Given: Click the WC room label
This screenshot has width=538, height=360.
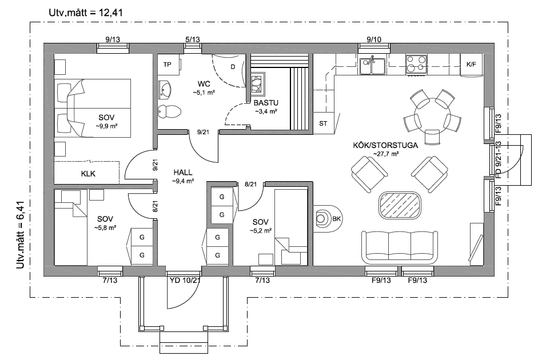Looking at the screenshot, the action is click(x=204, y=84).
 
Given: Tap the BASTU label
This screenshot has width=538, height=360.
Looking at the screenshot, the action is click(x=266, y=102).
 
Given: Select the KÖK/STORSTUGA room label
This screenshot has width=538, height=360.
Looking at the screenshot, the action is click(x=385, y=145).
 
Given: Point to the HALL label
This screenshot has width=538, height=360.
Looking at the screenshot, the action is click(x=183, y=173).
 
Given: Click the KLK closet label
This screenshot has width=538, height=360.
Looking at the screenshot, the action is click(x=88, y=174).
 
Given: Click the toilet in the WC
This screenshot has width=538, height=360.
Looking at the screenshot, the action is click(x=169, y=111).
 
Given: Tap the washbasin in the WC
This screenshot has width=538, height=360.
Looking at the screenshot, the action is click(x=165, y=90).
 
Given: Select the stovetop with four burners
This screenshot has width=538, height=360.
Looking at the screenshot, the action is click(x=416, y=65).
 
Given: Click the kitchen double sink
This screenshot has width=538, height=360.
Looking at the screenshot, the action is click(x=372, y=66).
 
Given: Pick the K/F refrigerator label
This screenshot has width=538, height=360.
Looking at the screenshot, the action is click(x=472, y=64).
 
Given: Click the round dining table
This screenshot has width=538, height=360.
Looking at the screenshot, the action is click(x=432, y=114).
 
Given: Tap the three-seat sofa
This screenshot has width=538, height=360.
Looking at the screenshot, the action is click(x=400, y=247).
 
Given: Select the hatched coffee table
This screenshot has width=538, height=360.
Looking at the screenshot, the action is click(x=400, y=205).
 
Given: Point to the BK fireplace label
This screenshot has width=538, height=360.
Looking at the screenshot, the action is click(x=336, y=218).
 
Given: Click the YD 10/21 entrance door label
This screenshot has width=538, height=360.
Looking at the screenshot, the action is click(x=185, y=280).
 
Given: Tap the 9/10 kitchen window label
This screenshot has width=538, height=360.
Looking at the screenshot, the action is click(x=374, y=39).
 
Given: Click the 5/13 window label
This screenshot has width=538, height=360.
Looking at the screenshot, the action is click(x=193, y=39).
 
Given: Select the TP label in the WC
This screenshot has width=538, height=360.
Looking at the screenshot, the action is click(x=167, y=65).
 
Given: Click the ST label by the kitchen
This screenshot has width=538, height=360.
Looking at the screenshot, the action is click(x=323, y=123).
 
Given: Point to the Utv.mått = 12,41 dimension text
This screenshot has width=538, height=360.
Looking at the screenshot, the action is click(x=86, y=13).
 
